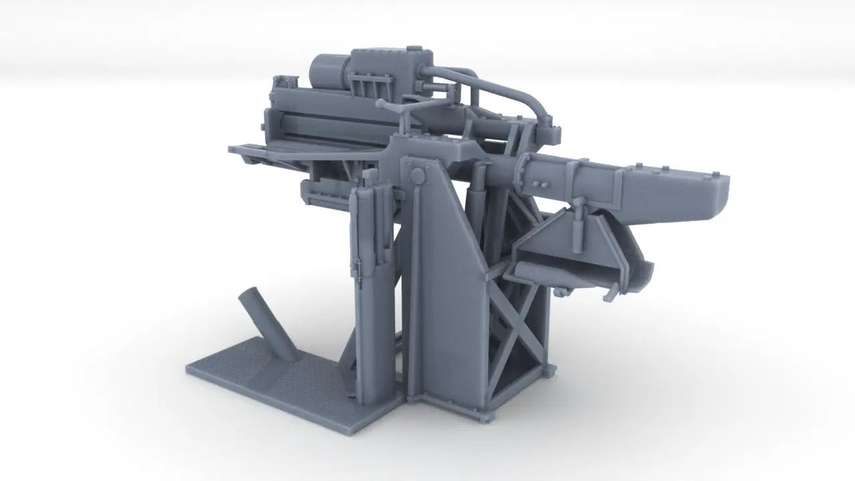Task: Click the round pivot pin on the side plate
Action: pyautogui.click(x=417, y=176)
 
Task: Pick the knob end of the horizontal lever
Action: pyautogui.click(x=381, y=104)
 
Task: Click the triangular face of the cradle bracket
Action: pyautogui.click(x=548, y=244)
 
